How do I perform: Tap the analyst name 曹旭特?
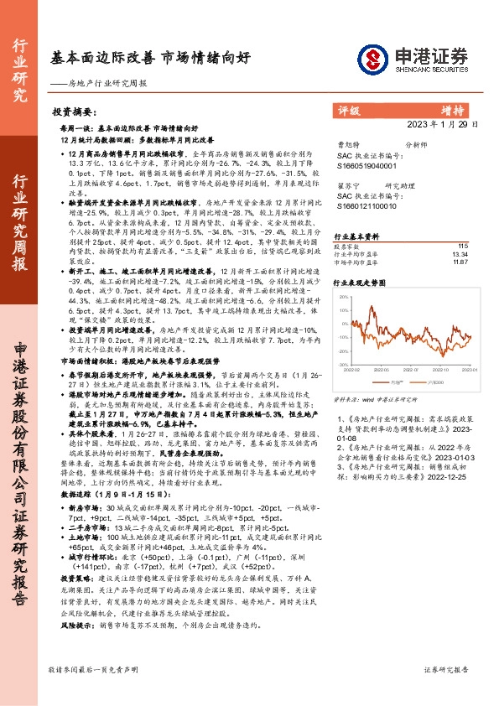click(346, 145)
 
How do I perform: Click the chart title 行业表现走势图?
click(358, 284)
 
